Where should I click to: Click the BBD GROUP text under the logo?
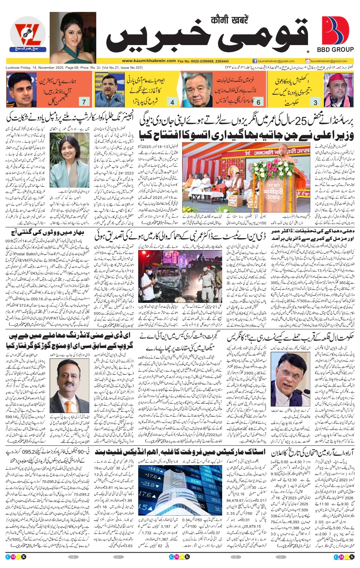(x=335, y=49)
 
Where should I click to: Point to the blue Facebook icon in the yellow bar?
(x=255, y=61)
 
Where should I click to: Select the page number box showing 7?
(x=84, y=102)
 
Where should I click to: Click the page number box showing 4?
(x=172, y=102)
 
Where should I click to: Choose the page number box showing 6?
(x=258, y=102)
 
